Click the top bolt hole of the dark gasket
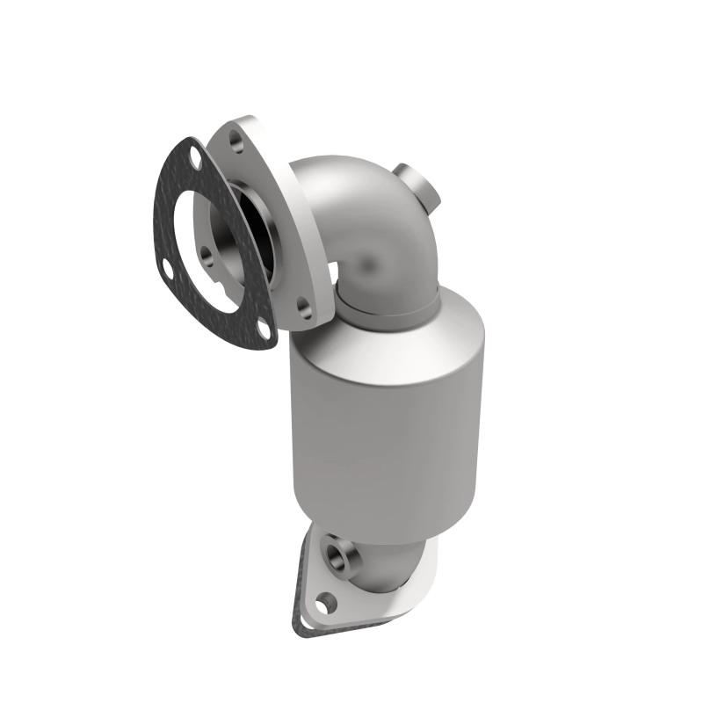pos(195,163)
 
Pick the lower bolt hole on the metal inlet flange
pos(303,307)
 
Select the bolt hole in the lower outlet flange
pos(326,603)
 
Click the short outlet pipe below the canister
pos(387,562)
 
